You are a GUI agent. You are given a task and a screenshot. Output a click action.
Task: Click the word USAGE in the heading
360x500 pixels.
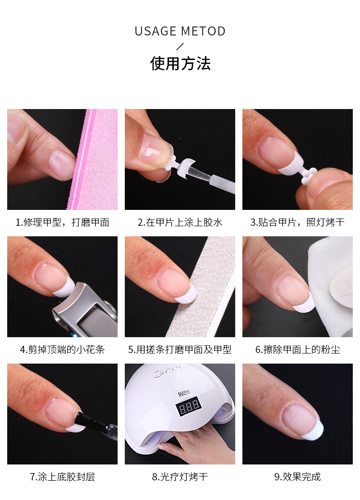pos(155,32)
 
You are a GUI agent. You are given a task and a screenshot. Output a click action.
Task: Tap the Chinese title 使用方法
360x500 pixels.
pos(180,63)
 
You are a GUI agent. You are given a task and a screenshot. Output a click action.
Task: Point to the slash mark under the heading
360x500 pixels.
pos(180,47)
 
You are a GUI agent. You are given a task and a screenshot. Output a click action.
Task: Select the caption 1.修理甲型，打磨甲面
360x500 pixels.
pos(62,222)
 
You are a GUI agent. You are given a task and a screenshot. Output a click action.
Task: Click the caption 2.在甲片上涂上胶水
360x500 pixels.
pos(180,222)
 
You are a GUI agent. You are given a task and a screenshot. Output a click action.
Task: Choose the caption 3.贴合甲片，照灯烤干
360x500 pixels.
pos(298,222)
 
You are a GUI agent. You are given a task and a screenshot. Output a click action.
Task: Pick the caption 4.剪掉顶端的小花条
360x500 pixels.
pos(62,350)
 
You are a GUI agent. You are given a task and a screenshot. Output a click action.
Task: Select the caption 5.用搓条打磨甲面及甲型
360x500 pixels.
pos(180,350)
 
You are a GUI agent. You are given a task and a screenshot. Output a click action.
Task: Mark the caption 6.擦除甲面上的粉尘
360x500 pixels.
pos(298,350)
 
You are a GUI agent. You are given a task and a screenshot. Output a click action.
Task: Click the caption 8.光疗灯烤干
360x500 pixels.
pos(180,477)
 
